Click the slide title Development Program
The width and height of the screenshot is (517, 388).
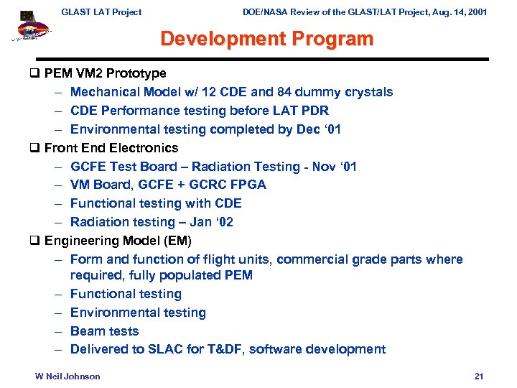(266, 39)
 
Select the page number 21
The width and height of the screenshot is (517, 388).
(479, 377)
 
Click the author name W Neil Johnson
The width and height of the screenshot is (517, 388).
(68, 377)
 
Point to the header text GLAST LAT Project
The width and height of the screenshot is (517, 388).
(101, 11)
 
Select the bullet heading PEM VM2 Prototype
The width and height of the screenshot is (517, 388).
(105, 73)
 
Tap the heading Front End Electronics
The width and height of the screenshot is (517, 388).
(111, 148)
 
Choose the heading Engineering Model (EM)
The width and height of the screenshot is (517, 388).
(118, 241)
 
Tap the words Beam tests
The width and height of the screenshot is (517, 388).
(105, 331)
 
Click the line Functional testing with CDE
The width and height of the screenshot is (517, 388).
(156, 203)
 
